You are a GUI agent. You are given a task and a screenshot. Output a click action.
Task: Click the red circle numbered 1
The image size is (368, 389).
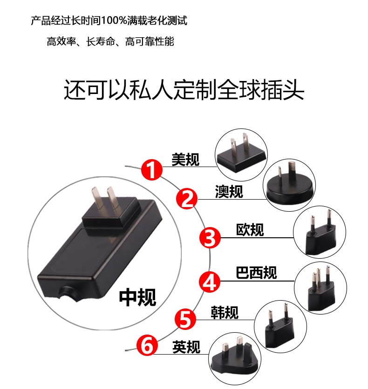[152, 170]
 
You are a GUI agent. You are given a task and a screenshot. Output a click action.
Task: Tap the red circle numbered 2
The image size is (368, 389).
[187, 199]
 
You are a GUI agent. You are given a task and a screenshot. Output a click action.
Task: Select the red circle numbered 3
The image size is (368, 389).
[210, 238]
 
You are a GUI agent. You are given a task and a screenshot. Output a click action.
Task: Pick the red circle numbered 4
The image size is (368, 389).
[210, 282]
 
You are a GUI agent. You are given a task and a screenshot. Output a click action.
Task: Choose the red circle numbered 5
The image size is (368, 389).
[185, 319]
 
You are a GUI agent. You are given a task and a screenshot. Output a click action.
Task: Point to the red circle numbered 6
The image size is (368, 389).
[147, 345]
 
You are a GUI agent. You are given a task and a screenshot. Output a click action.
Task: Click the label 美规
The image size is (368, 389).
[185, 159]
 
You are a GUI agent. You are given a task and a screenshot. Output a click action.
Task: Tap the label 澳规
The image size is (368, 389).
[229, 192]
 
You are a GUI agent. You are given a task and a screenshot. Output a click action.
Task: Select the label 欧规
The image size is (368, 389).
[250, 229]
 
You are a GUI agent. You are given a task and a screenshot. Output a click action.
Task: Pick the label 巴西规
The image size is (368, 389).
[256, 273]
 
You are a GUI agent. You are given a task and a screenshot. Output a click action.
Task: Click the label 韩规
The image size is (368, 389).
[225, 312]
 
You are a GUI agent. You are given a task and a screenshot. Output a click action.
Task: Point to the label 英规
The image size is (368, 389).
[186, 347]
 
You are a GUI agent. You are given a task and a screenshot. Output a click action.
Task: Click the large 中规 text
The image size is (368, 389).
[137, 297]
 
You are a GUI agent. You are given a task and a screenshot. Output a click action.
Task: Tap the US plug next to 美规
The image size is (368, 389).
[241, 154]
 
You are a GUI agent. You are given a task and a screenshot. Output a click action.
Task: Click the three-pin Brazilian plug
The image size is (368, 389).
[321, 289]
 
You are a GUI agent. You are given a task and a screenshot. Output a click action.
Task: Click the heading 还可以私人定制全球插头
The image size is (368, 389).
[184, 90]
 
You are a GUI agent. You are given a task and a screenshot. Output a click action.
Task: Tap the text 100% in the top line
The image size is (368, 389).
[114, 20]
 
